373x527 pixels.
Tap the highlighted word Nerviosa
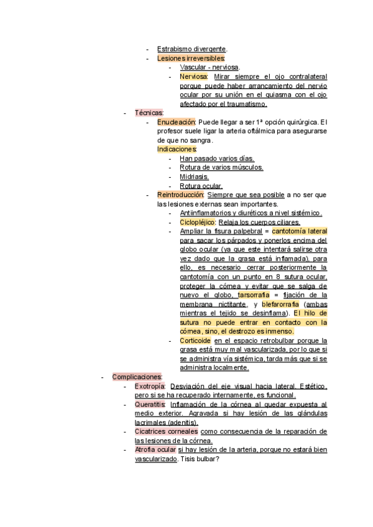click(x=193, y=76)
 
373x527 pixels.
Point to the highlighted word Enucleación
click(x=176, y=122)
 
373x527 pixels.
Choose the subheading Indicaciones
click(x=177, y=150)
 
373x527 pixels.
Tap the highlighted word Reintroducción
click(x=180, y=195)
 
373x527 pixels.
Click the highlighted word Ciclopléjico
click(x=198, y=222)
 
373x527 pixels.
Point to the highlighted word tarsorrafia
click(x=256, y=295)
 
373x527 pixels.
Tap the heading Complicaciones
click(x=137, y=377)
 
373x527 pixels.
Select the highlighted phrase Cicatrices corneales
click(x=167, y=431)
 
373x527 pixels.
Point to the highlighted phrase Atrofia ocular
click(x=155, y=449)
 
